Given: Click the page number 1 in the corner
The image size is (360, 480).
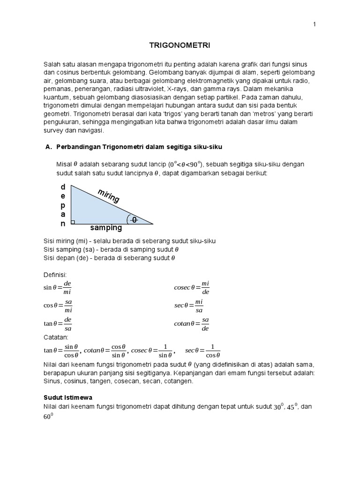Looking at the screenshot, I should [315, 25].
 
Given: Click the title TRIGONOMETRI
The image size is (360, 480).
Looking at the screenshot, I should [180, 45].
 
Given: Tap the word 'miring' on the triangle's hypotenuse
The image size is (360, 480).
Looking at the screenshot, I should [109, 196].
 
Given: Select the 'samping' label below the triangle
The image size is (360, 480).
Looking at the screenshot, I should [106, 228].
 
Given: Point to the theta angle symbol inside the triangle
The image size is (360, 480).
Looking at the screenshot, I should [134, 219].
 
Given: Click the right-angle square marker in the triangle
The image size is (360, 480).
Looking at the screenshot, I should [73, 222].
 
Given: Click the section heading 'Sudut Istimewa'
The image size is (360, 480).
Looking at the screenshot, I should [68, 397].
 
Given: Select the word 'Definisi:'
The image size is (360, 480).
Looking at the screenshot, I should [55, 274].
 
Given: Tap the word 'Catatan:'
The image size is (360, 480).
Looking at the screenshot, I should [56, 337].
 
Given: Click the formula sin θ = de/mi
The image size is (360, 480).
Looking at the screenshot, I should [57, 288].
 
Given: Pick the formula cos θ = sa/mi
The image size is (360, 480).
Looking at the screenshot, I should [58, 306].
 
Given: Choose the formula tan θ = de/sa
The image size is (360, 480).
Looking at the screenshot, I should [57, 323].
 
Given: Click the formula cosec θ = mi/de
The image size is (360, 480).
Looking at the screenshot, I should [192, 288].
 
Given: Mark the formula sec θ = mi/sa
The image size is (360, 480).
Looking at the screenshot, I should [189, 306].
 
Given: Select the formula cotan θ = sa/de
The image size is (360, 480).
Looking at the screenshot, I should [191, 323].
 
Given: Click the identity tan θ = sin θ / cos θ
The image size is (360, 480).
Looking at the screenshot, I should [61, 351].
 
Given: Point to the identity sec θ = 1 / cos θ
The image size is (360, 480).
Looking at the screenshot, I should [202, 351].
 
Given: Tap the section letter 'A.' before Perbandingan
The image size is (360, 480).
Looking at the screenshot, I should [48, 147].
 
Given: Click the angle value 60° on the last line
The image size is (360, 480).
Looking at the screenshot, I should [48, 416].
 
